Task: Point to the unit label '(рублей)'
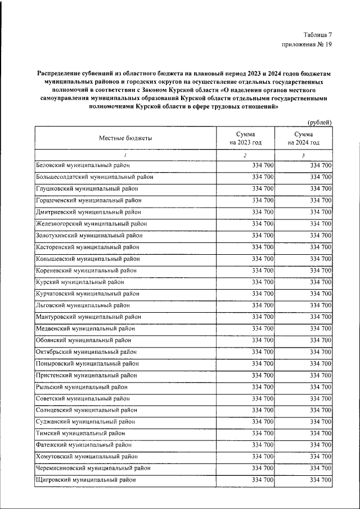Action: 319,123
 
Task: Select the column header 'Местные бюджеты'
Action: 125,138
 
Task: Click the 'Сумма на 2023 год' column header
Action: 245,138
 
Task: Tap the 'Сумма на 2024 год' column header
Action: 303,138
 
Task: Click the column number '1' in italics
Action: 125,155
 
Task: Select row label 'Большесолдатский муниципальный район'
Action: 94,177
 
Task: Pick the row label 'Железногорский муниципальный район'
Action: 91,224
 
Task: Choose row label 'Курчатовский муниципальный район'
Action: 87,294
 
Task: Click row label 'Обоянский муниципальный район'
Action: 83,340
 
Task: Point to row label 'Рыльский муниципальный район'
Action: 82,387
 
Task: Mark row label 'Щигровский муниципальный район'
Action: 85,480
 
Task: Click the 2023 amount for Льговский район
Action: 263,305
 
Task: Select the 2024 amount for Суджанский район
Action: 320,421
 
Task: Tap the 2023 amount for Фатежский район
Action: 263,445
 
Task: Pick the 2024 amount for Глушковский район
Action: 320,189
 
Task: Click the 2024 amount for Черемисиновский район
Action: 320,468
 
